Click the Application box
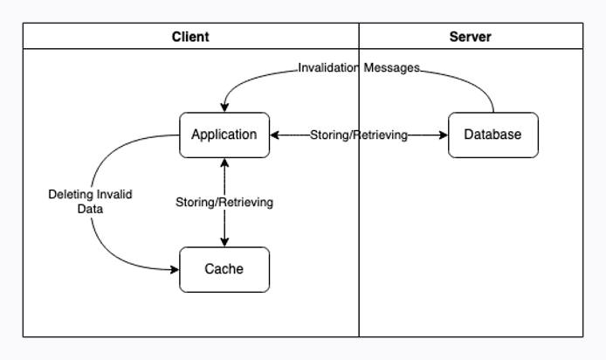(224, 135)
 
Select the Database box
(493, 135)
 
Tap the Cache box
(224, 269)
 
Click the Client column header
(190, 37)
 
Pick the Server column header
(470, 37)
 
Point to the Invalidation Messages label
(359, 67)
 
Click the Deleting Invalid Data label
(90, 202)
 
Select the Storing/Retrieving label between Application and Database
(359, 135)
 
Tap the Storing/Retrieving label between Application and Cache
(224, 202)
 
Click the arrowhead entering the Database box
(444, 135)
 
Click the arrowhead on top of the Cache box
(225, 242)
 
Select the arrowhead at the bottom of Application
(225, 163)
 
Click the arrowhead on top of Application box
(225, 107)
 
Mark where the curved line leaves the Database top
(493, 112)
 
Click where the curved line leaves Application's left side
(178, 135)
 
